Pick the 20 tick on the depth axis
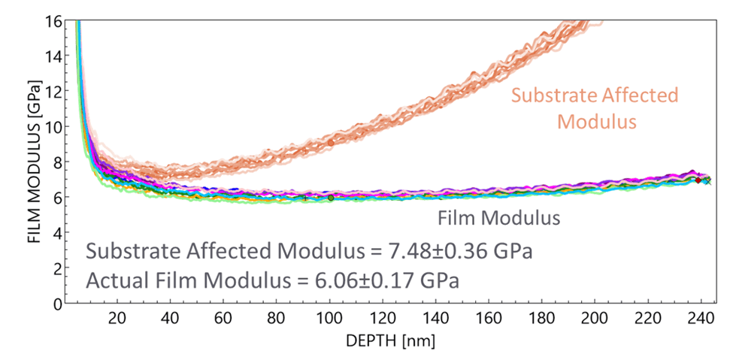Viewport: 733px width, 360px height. (117, 319)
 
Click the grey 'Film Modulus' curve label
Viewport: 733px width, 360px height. (498, 219)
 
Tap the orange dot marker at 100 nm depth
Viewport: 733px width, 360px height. (330, 142)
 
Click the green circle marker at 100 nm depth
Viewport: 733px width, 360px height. (331, 198)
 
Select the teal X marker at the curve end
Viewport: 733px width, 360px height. (707, 181)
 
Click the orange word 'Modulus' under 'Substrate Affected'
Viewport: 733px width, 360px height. (594, 119)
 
